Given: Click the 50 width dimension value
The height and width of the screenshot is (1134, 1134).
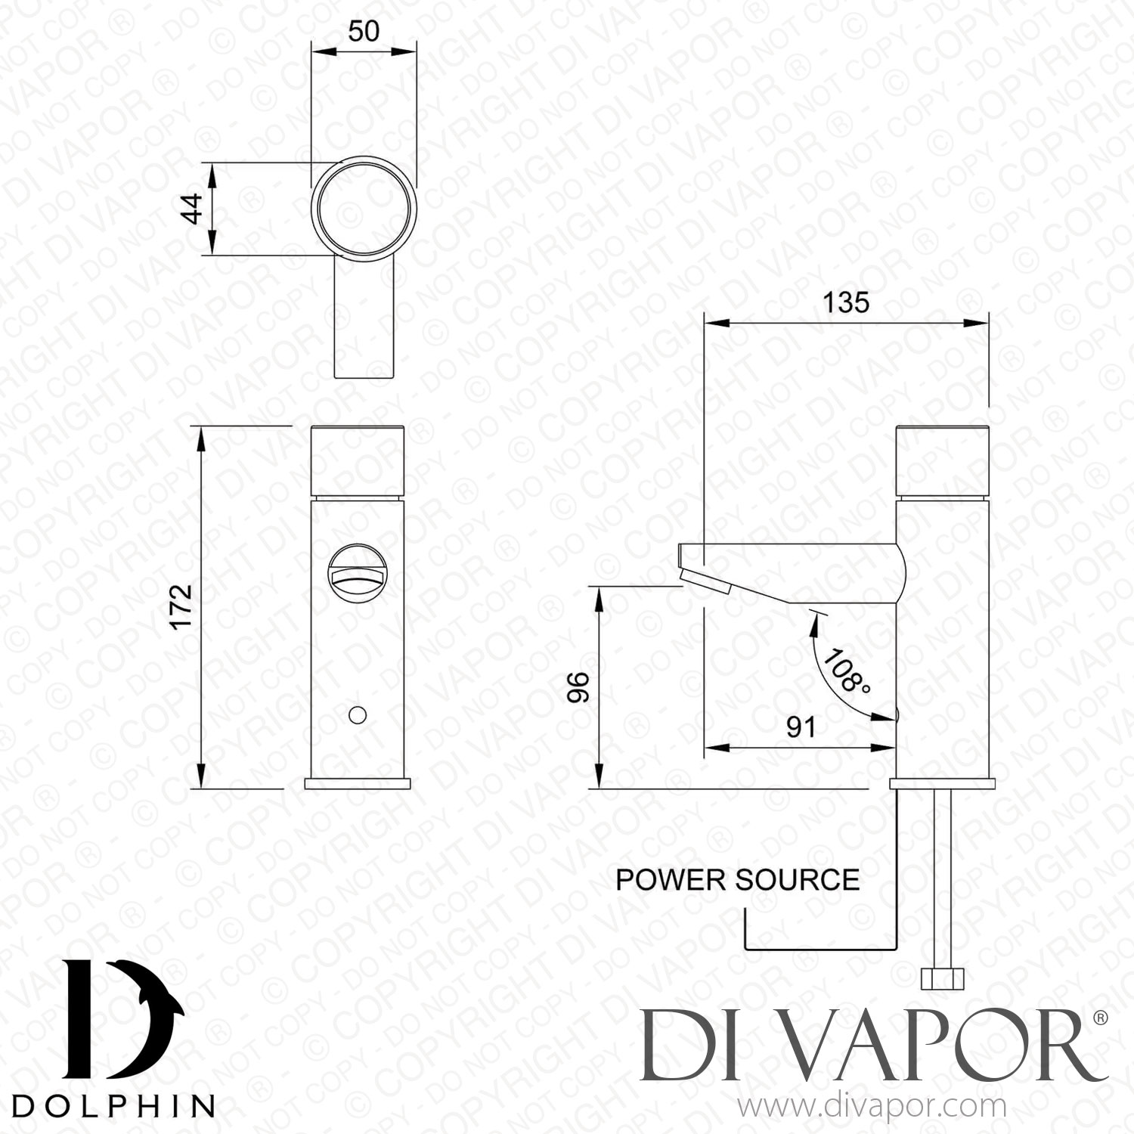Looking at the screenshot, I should pos(364,31).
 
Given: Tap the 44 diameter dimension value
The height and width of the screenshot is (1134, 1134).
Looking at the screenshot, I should pos(193,209).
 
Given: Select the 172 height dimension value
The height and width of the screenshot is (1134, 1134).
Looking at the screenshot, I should pos(181,606).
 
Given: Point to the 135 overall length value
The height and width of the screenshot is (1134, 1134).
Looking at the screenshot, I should pos(846,303).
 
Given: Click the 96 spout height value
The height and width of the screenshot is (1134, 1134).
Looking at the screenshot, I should pos(578,687).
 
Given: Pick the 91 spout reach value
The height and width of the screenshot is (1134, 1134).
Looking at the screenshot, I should pos(801,727).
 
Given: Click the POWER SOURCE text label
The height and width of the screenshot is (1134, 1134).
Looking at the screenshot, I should pos(737,881).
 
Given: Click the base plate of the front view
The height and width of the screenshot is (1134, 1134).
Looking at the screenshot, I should pos(358,782).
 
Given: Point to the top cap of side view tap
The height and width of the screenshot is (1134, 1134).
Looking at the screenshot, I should pos(942,460).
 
